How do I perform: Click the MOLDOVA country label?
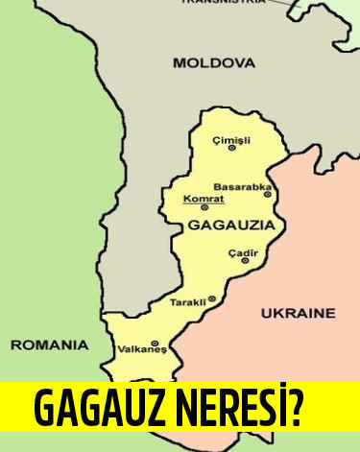[214, 63]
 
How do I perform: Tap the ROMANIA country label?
[48, 344]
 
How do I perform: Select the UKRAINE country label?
[298, 313]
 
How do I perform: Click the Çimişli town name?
[231, 139]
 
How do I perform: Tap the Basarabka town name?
[243, 186]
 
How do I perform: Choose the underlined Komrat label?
[203, 199]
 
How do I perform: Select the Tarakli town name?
[187, 301]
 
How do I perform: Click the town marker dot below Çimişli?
[231, 148]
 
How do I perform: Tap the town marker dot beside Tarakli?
[212, 298]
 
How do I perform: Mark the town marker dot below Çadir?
[245, 260]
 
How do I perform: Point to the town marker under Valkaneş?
[155, 343]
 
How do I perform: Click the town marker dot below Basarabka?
[268, 194]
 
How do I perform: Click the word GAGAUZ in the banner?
[91, 409]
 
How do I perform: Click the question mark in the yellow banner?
[297, 409]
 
